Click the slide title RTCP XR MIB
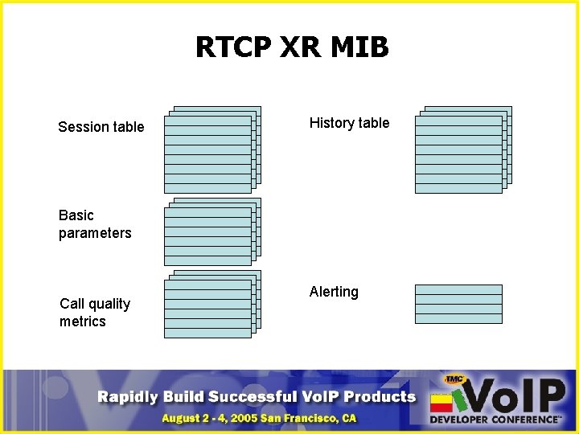click(292, 48)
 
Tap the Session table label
click(101, 127)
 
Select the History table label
click(349, 123)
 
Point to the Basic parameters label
click(94, 224)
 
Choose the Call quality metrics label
click(94, 313)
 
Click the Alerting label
click(334, 292)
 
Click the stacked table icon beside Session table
click(212, 150)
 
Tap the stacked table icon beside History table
click(463, 150)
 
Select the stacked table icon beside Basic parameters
click(212, 232)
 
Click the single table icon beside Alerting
click(458, 304)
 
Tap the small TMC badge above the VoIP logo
click(455, 379)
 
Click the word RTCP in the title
click(233, 48)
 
